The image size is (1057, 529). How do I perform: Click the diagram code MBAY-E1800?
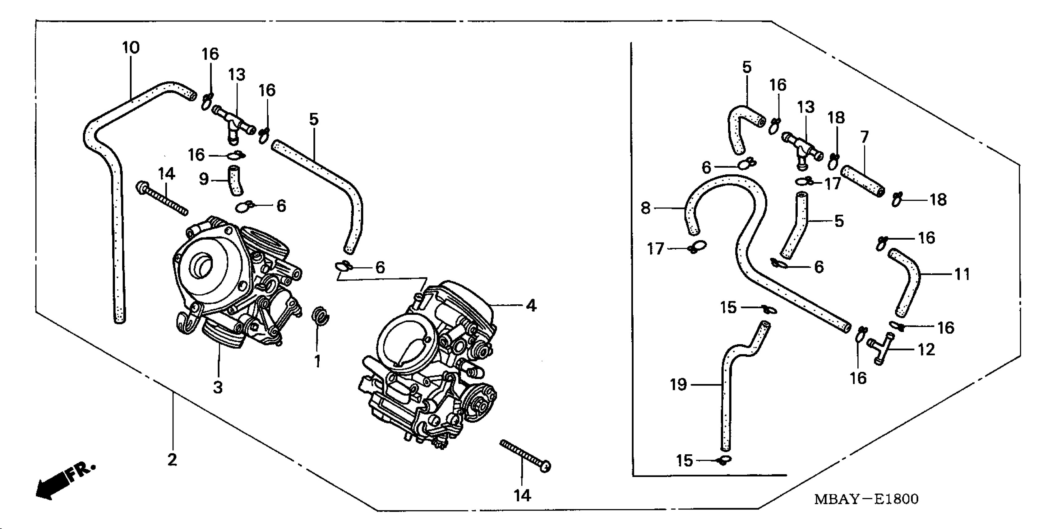866,499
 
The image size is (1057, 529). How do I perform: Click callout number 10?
131,48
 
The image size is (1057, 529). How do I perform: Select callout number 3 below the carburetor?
218,387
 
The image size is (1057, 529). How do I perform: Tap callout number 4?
531,306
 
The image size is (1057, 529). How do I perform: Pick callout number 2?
172,460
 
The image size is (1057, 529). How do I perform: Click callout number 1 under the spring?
317,361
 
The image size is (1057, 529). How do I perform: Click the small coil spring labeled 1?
321,317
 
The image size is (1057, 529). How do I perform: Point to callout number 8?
645,208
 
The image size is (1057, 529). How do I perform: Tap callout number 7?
865,137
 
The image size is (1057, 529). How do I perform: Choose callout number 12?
926,349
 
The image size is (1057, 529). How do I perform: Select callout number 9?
204,179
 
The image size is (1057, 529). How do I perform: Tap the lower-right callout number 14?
522,495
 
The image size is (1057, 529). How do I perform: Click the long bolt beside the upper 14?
162,199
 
